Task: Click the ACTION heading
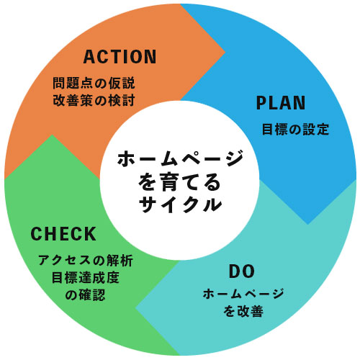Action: coord(120,57)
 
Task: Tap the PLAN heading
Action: coord(281,103)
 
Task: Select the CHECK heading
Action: coord(63,234)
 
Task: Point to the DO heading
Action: coord(242,271)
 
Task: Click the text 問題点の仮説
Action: coord(94,83)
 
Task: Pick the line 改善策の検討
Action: coord(94,100)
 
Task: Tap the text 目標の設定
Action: coord(295,130)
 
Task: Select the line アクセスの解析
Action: coord(86,260)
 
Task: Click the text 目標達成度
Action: coord(86,278)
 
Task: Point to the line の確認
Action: coord(86,295)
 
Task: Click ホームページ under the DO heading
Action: coord(243,294)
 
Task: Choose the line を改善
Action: coord(243,311)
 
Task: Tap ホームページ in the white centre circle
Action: coord(180,159)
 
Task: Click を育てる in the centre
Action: coord(179,182)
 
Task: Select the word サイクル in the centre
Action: coord(180,204)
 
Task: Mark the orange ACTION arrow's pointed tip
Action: coord(225,52)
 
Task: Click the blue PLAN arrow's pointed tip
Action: coord(308,225)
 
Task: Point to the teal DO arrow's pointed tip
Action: coord(135,308)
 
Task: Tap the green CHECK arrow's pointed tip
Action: coord(52,135)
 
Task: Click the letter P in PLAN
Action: coord(261,103)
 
